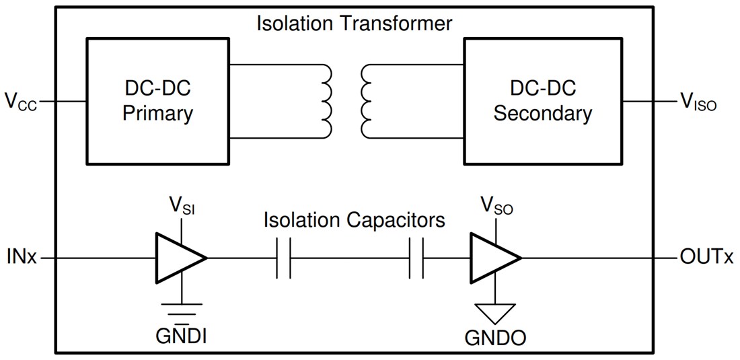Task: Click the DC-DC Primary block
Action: [157, 101]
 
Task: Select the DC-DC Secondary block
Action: [543, 101]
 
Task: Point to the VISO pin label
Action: [698, 103]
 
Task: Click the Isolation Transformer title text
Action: [355, 23]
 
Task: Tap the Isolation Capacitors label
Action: [355, 220]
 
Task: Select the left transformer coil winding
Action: [325, 101]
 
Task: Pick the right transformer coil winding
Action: [367, 101]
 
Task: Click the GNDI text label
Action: [181, 334]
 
